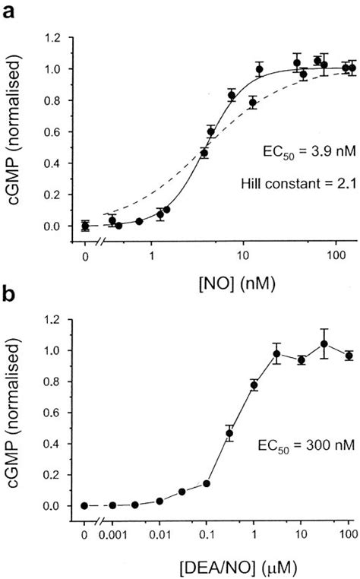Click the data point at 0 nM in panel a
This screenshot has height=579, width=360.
(x=85, y=226)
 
